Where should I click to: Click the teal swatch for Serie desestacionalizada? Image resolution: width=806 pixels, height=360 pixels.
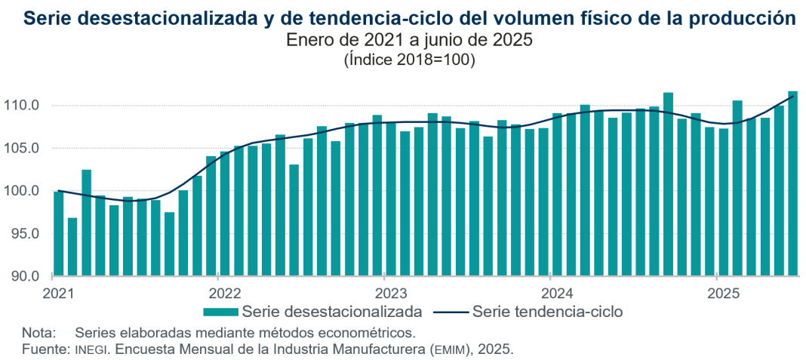(x=220, y=311)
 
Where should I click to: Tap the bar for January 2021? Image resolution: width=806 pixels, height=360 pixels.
(x=59, y=233)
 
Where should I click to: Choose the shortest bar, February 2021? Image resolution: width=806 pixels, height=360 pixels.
(x=72, y=247)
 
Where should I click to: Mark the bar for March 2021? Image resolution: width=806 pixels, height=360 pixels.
(x=87, y=223)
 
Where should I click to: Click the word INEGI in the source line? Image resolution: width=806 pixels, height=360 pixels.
(x=91, y=349)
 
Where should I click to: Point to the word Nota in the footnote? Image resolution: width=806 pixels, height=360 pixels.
(x=38, y=332)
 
